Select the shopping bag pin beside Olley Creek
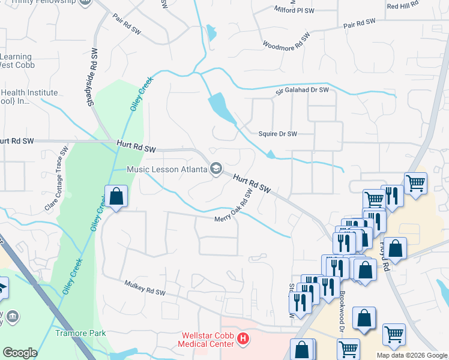[116, 196]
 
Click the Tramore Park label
[80, 333]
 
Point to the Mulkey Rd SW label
[144, 288]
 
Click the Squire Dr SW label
[277, 134]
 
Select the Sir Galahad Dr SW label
[303, 91]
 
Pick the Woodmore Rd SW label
[286, 41]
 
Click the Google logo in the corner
[19, 353]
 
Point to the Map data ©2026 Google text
[412, 355]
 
